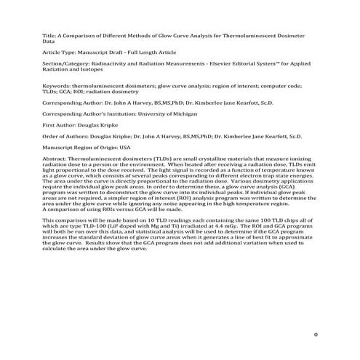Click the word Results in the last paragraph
point(107,243)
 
